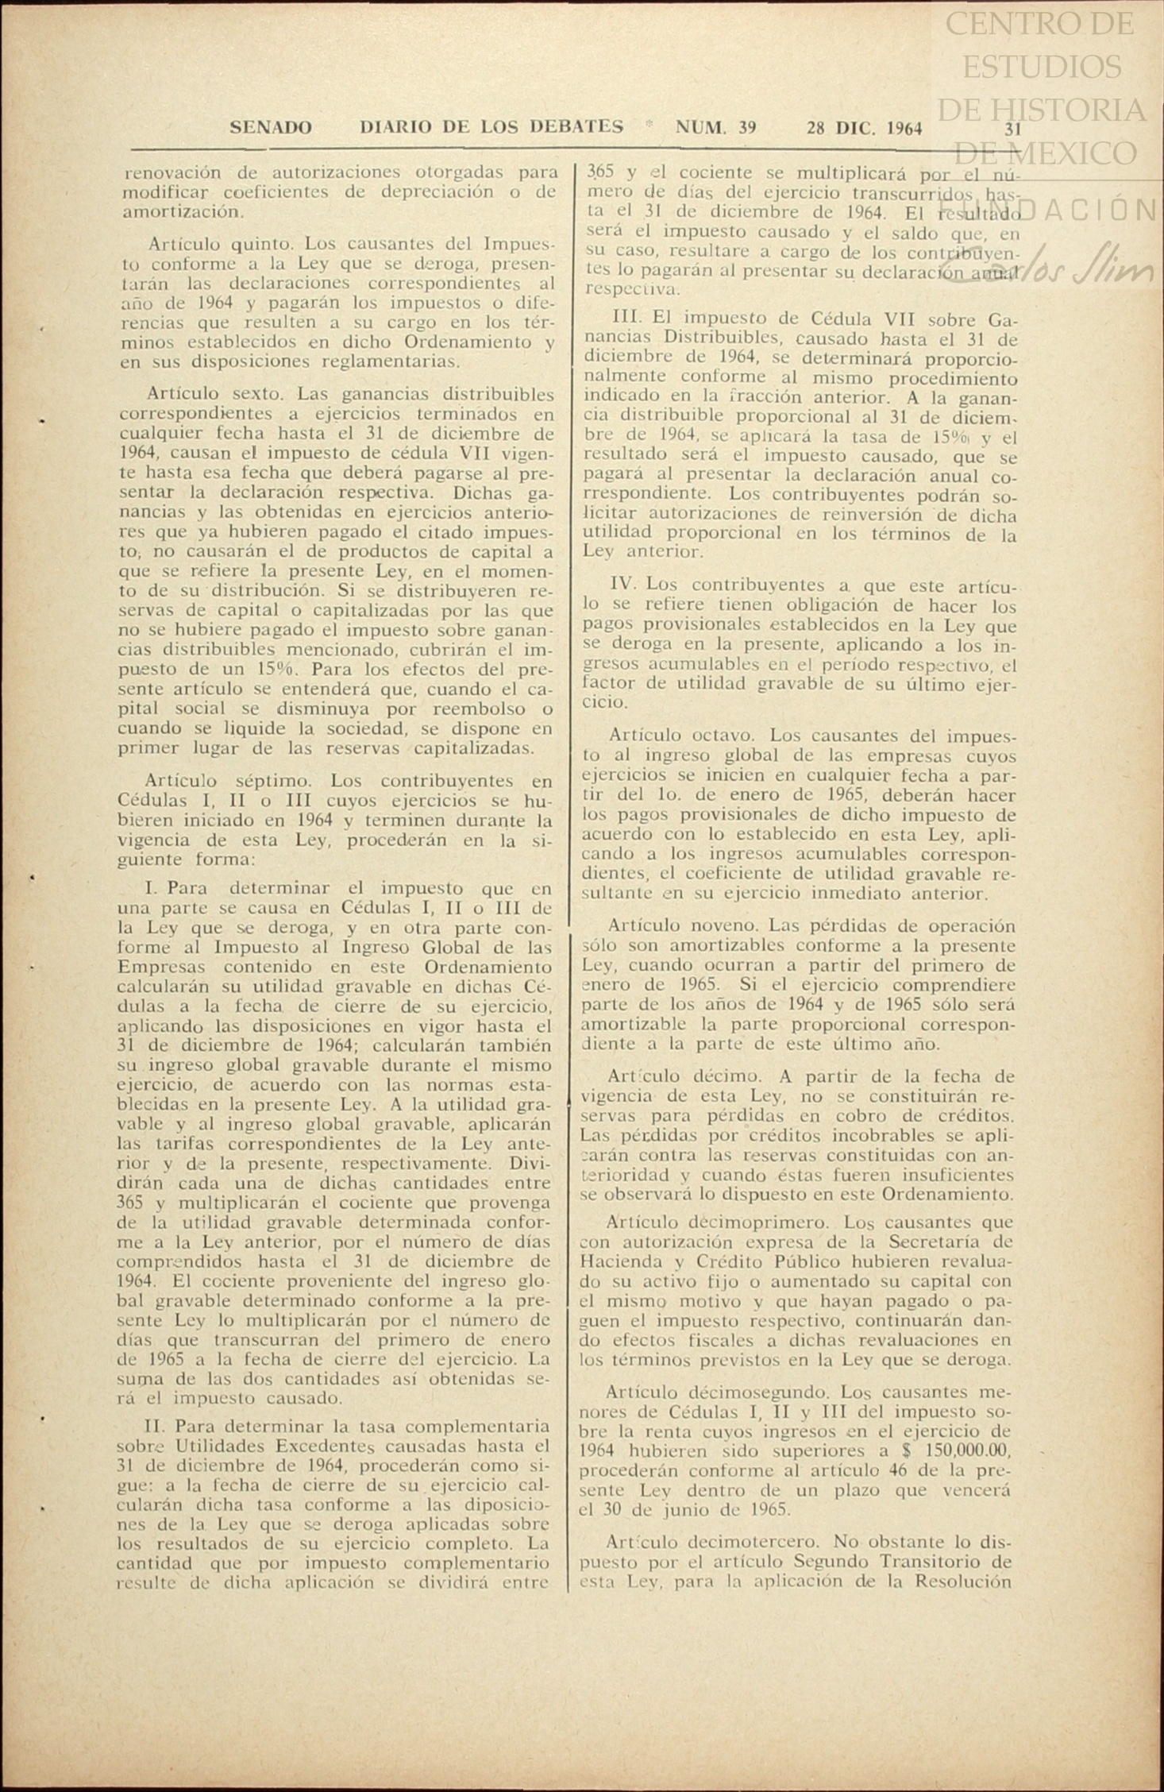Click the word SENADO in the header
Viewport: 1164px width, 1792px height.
click(x=270, y=127)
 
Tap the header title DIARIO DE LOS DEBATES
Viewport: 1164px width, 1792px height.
click(x=491, y=126)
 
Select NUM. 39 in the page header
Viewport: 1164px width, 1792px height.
click(x=715, y=127)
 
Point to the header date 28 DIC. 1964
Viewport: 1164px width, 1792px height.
click(x=864, y=128)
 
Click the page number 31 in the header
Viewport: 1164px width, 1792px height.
click(x=1012, y=129)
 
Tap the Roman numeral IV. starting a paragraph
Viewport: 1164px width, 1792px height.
click(x=625, y=584)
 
